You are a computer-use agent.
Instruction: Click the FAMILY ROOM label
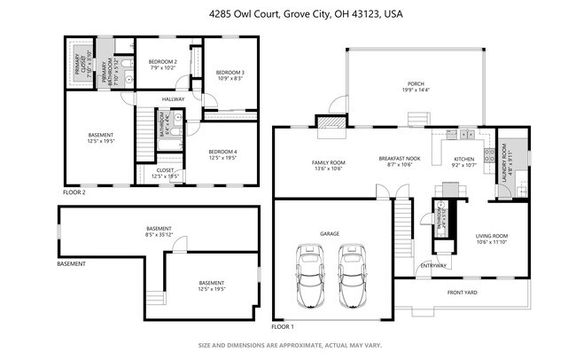(328, 162)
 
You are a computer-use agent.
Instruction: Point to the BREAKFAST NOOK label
(400, 159)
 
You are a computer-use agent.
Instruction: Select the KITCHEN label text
(464, 159)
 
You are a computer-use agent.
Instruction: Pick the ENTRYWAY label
(433, 265)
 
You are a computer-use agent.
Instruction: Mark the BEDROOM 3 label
(230, 72)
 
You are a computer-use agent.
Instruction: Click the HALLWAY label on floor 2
(174, 98)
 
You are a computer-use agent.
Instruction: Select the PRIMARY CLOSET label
(75, 61)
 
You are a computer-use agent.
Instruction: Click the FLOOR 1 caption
(282, 326)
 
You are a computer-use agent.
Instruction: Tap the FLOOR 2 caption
(74, 192)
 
